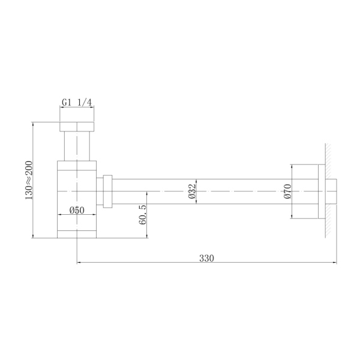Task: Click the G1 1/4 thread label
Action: [77, 103]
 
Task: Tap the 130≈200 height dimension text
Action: [28, 180]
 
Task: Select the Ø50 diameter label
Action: [76, 210]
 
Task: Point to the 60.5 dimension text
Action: [142, 214]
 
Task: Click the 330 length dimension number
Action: [206, 258]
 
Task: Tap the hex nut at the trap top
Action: [77, 127]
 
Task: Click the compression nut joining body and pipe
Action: [108, 191]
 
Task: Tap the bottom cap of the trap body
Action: [77, 233]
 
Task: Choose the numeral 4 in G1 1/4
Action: [89, 103]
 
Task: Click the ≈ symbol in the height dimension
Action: [28, 180]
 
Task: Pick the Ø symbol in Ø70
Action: [287, 197]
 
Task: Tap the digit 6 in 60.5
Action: [142, 223]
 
